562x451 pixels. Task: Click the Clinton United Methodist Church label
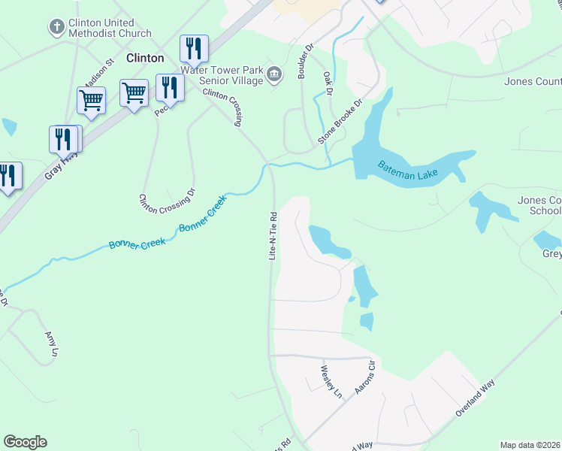(x=109, y=29)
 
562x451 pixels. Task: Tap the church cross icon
(x=56, y=28)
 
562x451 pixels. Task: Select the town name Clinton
(x=145, y=58)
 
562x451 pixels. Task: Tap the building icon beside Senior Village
(x=274, y=74)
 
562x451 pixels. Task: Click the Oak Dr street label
(x=328, y=83)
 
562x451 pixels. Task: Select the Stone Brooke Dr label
(x=340, y=122)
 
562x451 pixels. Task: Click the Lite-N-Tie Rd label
(x=273, y=235)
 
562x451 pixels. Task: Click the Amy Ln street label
(x=51, y=344)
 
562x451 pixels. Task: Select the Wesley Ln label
(x=331, y=381)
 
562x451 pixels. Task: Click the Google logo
(x=25, y=442)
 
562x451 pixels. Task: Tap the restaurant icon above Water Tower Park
(x=194, y=49)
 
